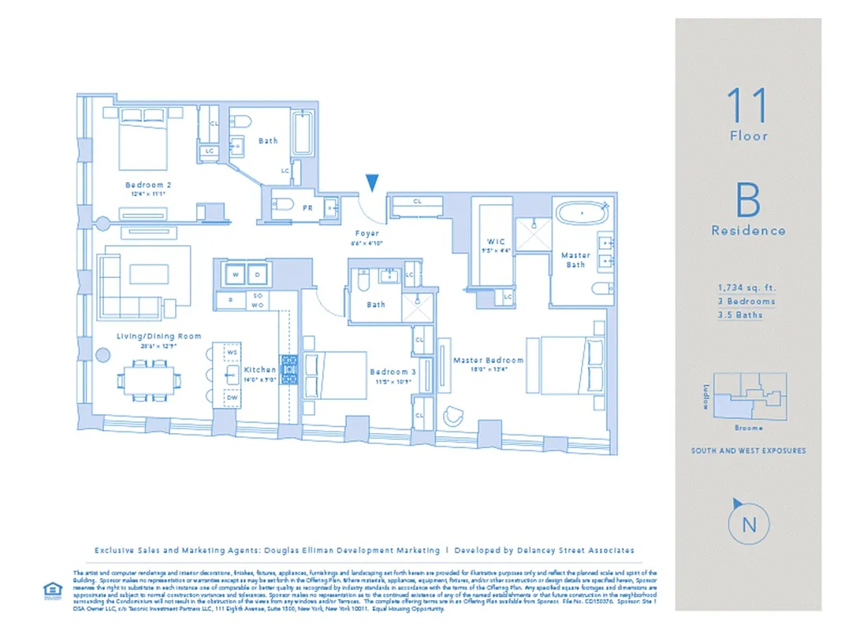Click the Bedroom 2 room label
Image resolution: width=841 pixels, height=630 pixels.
coord(147,185)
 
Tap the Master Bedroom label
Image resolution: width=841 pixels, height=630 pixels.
coord(488,361)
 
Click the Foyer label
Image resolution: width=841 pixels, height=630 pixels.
coord(367,234)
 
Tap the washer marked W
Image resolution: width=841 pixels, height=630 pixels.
coord(234,276)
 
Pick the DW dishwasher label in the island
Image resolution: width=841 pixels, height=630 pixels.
coord(233,398)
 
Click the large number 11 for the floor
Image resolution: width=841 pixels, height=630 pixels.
coord(746,105)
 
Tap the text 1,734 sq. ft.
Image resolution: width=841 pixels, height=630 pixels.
coord(746,288)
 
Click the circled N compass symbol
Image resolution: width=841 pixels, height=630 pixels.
coord(748,524)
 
